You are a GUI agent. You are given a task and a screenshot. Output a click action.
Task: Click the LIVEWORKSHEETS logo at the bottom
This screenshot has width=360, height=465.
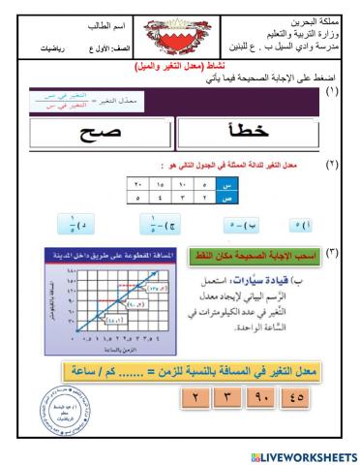(303, 454)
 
